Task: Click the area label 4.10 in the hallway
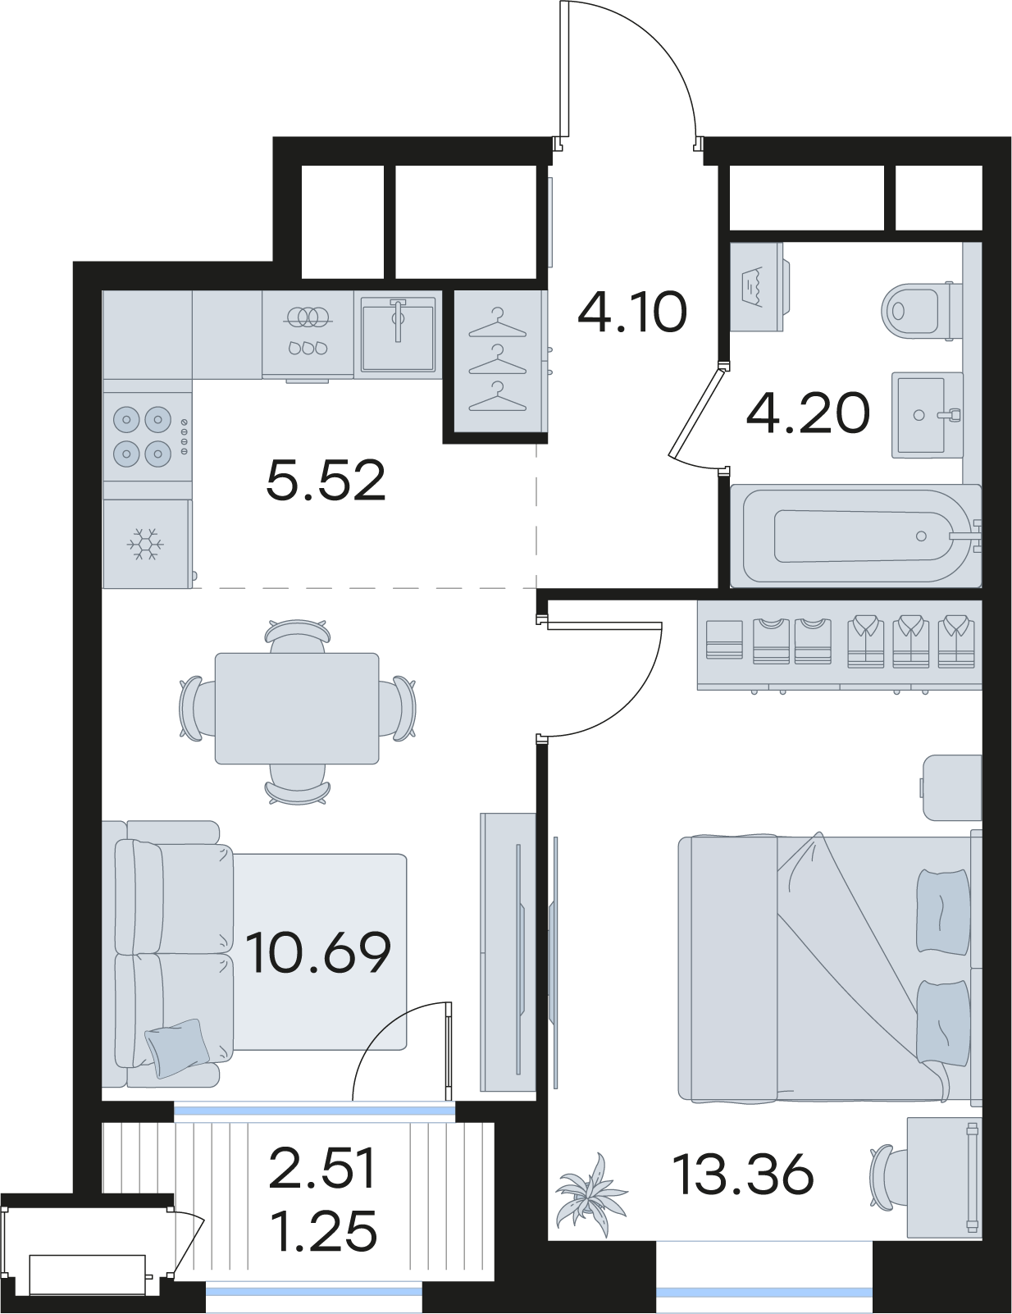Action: [631, 312]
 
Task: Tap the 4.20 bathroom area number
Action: [808, 413]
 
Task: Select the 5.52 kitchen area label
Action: [326, 480]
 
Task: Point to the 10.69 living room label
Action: [318, 952]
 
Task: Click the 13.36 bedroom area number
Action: [745, 1175]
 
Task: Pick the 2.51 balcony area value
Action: [322, 1169]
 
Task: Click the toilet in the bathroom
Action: [921, 312]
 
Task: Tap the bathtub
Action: [855, 536]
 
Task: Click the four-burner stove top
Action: [148, 436]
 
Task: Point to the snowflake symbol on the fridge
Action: [145, 544]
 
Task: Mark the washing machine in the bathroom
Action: [758, 286]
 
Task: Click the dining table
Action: [297, 708]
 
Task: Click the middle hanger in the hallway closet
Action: [498, 360]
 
